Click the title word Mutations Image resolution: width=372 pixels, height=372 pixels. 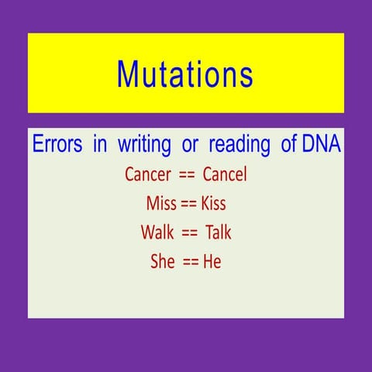(184, 74)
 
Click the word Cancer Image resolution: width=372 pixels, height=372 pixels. (148, 174)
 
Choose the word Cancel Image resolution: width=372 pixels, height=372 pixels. (225, 174)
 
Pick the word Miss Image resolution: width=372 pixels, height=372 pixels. (161, 204)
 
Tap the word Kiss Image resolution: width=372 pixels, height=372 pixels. (213, 204)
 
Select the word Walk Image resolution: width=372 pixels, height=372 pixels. (158, 232)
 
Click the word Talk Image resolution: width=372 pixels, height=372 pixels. (218, 232)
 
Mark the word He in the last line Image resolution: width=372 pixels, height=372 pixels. (212, 262)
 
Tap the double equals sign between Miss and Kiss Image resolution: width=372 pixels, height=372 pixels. (189, 205)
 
